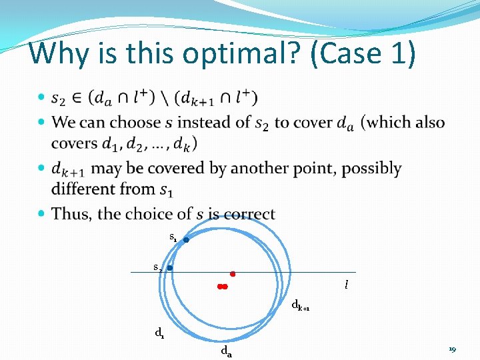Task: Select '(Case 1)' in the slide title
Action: (363, 53)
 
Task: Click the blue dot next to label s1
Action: (187, 240)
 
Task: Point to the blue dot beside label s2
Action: (170, 268)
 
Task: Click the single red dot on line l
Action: (233, 273)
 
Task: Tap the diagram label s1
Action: (173, 237)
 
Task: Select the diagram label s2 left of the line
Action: (157, 267)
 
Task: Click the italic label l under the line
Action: (346, 285)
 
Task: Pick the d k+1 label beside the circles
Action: (301, 306)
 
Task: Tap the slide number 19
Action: (452, 349)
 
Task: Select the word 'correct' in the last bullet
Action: (249, 214)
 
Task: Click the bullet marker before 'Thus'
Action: (42, 214)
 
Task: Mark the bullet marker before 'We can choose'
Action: (42, 123)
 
